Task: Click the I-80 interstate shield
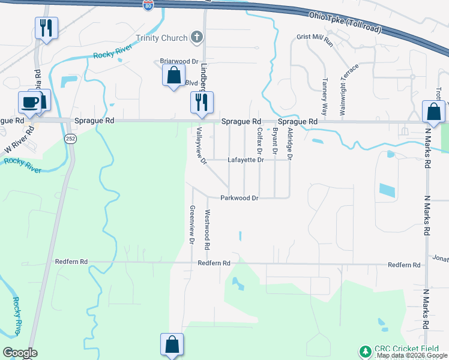pos(148,5)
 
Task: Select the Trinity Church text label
pos(161,38)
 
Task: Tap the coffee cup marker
pos(29,102)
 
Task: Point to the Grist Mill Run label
pos(315,37)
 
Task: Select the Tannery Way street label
pos(324,97)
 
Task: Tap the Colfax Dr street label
pos(259,142)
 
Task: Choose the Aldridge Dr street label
pos(289,143)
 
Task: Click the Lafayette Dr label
pos(246,160)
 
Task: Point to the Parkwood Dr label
pos(239,198)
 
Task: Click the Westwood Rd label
pos(207,230)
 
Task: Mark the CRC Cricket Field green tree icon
pos(364,350)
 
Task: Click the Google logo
pos(19,353)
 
